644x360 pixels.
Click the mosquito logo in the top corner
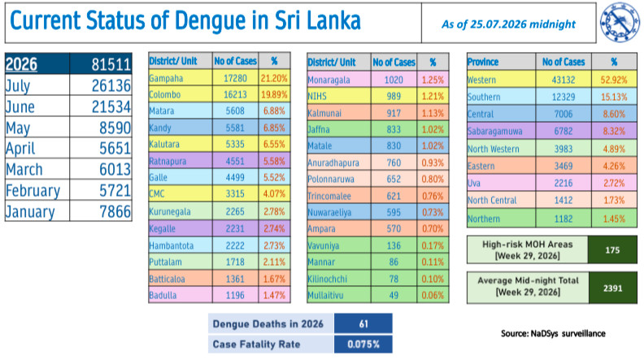[620, 22]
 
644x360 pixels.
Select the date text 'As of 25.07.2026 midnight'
[508, 24]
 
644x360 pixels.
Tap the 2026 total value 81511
[111, 64]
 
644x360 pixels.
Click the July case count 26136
[111, 86]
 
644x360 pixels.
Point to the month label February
[33, 191]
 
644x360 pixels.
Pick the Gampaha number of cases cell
[235, 78]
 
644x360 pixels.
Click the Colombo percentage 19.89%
[274, 94]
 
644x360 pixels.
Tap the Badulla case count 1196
[235, 295]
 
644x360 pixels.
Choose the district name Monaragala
[329, 80]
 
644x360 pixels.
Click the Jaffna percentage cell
[433, 129]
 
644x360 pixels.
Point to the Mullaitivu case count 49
[394, 295]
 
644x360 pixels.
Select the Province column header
[483, 62]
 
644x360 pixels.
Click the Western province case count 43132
[563, 80]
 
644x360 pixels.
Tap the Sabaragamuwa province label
[495, 132]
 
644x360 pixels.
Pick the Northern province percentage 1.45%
[614, 219]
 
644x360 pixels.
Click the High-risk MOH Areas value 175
[612, 250]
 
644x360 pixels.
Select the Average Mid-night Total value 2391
[613, 288]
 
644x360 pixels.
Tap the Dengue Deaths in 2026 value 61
[363, 324]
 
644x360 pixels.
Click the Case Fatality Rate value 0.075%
[363, 344]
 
